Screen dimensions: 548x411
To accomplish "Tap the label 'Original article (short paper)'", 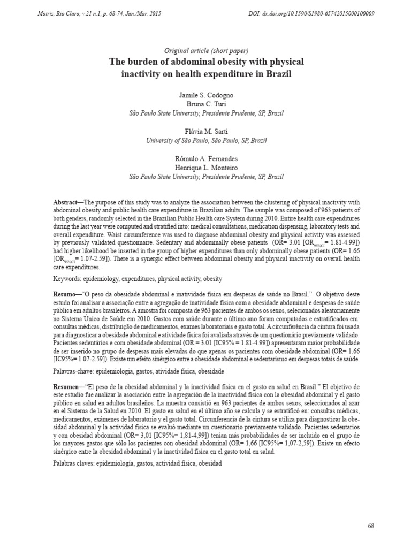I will pyautogui.click(x=206, y=50).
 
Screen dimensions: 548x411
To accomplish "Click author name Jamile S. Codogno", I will pyautogui.click(x=206, y=95).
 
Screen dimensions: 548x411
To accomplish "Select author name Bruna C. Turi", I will pyautogui.click(x=206, y=104).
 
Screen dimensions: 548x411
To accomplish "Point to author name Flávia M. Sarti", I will pyautogui.click(x=206, y=131).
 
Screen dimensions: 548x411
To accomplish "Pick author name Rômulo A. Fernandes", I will pyautogui.click(x=206, y=158).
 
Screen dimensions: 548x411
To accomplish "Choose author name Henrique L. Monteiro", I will pyautogui.click(x=206, y=168).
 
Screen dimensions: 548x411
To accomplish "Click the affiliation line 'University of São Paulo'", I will pyautogui.click(x=206, y=140).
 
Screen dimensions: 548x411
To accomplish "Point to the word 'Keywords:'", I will pyautogui.click(x=68, y=279).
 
